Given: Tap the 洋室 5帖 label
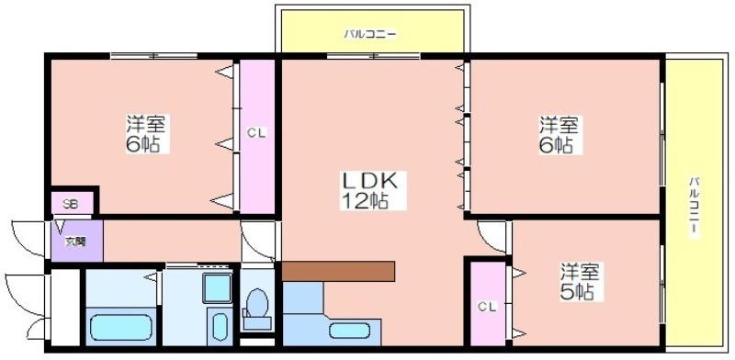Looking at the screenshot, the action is tap(582, 281).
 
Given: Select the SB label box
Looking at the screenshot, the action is tap(71, 204).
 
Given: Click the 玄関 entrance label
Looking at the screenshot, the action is tap(75, 242).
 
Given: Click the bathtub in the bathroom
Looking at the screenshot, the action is tap(121, 327).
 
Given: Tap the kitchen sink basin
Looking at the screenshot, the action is tap(349, 331).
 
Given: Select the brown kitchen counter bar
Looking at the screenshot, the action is tap(338, 272).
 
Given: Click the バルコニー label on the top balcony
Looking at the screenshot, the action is tap(370, 34).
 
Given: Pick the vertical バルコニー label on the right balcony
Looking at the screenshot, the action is tap(695, 207).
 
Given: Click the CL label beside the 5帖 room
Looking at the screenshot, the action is tap(488, 307).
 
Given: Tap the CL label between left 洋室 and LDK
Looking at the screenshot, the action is tap(257, 133).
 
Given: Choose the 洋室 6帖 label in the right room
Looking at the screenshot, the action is tap(559, 134).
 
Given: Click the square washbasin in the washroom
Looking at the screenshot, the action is tap(217, 287).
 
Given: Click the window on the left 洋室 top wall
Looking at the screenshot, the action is tap(153, 56).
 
